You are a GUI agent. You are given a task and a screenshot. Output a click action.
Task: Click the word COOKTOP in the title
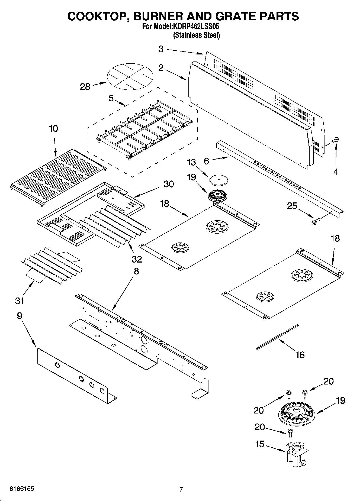coord(96,16)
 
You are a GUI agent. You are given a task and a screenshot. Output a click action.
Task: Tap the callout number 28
coord(85,87)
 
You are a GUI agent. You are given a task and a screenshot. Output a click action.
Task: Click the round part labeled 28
coord(130,76)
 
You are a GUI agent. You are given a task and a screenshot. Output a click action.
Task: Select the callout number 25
coord(292,206)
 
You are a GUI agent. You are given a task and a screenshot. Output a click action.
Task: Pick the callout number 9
coord(19,316)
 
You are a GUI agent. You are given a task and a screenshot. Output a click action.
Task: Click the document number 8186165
coord(22,489)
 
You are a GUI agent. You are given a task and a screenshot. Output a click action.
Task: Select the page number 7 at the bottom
coord(181,489)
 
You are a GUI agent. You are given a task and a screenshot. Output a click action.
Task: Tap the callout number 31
coord(19,301)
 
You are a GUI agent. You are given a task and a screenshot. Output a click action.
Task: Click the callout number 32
coord(137,259)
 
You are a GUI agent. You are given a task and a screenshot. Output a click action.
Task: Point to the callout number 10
coord(53,128)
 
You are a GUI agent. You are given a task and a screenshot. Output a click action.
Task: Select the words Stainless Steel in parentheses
coord(197,35)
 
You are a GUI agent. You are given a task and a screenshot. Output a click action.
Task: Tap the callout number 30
coord(169,184)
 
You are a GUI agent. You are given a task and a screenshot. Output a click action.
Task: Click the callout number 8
coord(136,271)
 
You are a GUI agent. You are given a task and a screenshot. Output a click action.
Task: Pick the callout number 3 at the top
coord(161,49)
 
